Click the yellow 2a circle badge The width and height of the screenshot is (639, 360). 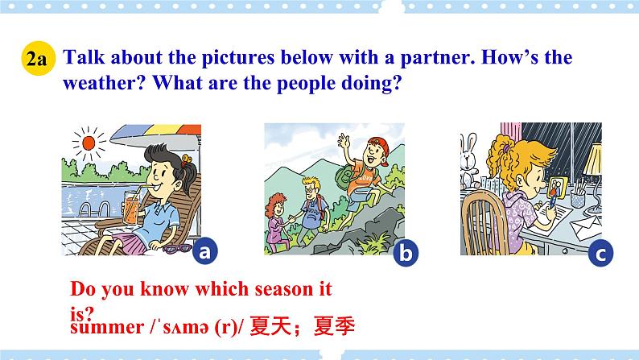point(36,59)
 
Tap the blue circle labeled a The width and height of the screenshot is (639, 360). point(204,252)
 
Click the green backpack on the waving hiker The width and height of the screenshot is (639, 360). point(353,172)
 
